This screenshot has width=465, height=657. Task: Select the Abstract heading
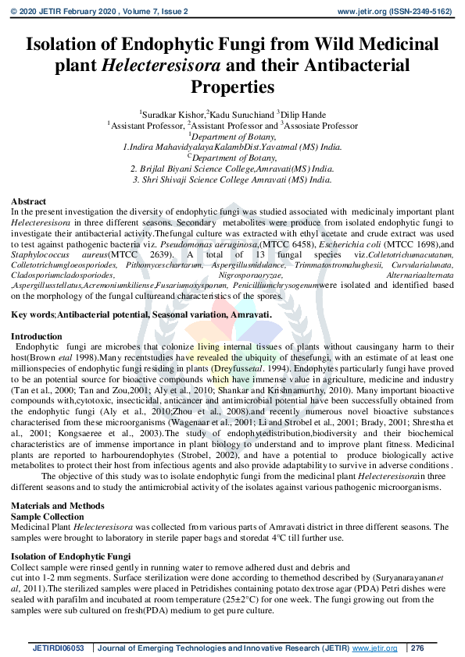[29, 201]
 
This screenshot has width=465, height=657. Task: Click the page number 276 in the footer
[417, 648]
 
